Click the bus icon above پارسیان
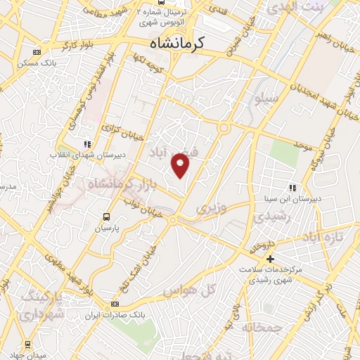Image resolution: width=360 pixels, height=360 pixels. (107, 217)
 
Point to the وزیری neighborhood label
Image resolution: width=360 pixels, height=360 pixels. (211, 209)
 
